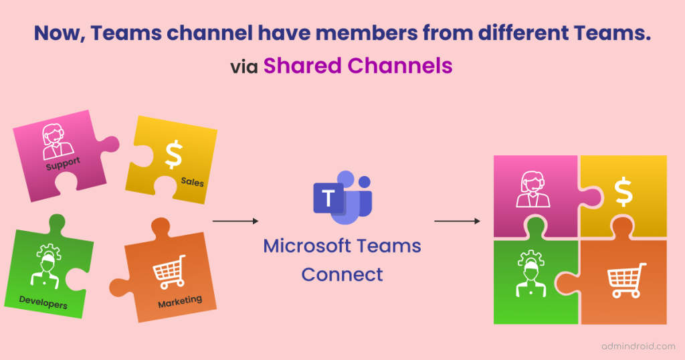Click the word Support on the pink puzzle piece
(x=63, y=163)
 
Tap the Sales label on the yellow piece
(x=192, y=182)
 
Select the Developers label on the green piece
(x=43, y=302)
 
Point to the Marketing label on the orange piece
(x=180, y=302)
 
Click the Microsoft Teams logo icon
(x=343, y=197)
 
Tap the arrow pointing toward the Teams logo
(x=235, y=221)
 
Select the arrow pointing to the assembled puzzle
(x=457, y=221)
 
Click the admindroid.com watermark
(x=638, y=347)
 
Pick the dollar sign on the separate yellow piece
(x=174, y=154)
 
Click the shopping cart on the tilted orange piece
(x=169, y=272)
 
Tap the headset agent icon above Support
(x=56, y=141)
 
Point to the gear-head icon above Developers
(x=46, y=266)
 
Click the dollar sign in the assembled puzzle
(x=623, y=192)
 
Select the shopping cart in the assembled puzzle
(x=627, y=280)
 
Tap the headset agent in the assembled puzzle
(x=532, y=189)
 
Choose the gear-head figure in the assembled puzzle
(x=530, y=274)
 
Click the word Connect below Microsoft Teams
(x=342, y=274)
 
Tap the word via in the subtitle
(x=244, y=67)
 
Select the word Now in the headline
(x=60, y=33)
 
